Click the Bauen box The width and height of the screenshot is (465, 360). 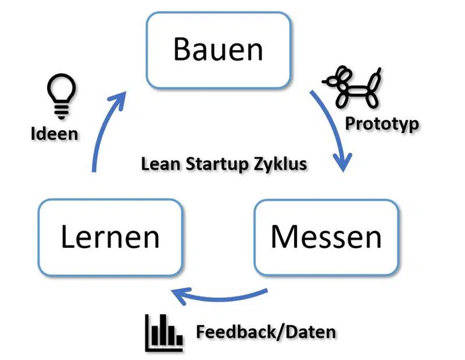pos(218,50)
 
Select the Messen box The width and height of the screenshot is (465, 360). pos(326,236)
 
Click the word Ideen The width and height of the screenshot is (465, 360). pos(54,134)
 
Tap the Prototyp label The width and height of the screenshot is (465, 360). pos(382,124)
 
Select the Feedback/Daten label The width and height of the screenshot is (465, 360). pos(265,332)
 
